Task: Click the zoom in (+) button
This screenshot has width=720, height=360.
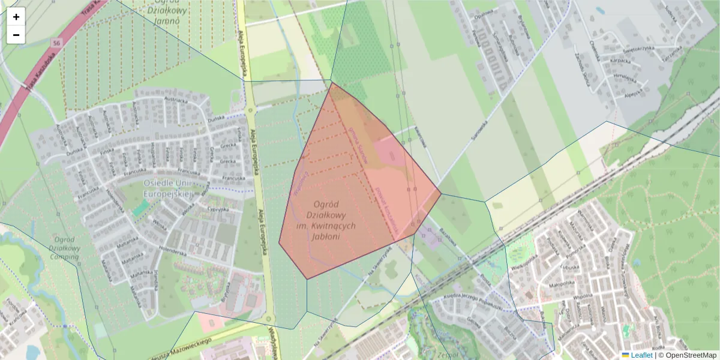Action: coord(16,17)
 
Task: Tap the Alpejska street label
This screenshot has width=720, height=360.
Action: coord(633,94)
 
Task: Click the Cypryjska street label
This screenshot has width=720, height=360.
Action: coord(218,209)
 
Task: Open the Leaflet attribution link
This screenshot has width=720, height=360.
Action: coord(641,355)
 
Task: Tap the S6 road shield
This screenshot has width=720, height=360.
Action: coord(56,43)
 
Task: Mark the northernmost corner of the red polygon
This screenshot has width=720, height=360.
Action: coord(331,83)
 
